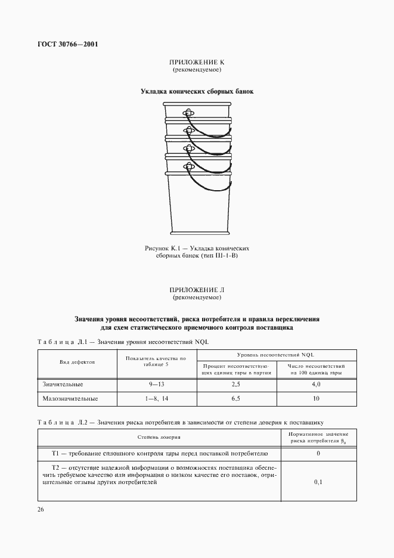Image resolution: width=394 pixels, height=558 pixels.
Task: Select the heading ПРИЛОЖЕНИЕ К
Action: coord(197,63)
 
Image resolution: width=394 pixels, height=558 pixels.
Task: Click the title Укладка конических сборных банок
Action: coord(197,92)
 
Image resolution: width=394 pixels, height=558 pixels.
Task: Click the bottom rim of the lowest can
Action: coord(197,234)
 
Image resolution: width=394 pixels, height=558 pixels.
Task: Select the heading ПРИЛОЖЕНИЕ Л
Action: coord(197,289)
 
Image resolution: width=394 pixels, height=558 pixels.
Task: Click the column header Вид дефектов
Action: coord(77,361)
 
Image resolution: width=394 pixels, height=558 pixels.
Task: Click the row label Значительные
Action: coord(62,384)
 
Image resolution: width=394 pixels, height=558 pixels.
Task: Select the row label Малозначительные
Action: coord(70,398)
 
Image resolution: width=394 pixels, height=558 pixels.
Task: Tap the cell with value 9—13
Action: coord(156,384)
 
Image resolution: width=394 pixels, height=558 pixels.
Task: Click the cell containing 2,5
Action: coord(236,384)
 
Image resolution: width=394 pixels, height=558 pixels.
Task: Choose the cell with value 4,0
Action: coord(316,384)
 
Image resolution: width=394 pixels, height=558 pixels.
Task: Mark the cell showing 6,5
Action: coord(236,398)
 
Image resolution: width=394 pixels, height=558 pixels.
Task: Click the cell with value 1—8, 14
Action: coord(156,398)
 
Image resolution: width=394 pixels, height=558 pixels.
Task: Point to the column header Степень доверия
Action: coord(159,436)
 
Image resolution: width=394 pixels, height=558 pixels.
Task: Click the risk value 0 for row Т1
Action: coord(318,454)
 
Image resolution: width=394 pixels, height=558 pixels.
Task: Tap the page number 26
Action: coord(41,509)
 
